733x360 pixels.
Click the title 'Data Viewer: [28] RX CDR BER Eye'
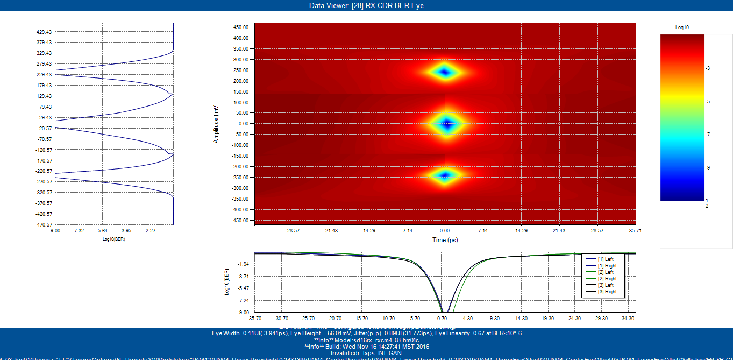click(x=366, y=5)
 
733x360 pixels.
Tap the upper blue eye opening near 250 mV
click(x=445, y=72)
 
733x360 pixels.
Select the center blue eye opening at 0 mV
click(x=445, y=124)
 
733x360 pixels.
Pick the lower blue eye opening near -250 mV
click(x=445, y=175)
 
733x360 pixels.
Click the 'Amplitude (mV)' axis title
click(x=216, y=124)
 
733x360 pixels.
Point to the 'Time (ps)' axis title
click(x=445, y=240)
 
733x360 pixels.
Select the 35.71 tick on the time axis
click(x=635, y=230)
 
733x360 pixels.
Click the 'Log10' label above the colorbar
click(x=682, y=27)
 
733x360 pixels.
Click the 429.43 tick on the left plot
click(x=44, y=32)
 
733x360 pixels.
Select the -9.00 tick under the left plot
click(x=55, y=230)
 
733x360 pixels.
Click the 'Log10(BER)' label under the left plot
click(x=113, y=239)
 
